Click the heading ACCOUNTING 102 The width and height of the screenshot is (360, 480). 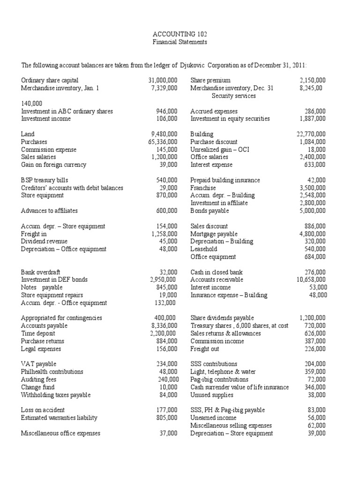(x=180, y=34)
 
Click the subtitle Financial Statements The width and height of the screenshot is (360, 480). (x=180, y=42)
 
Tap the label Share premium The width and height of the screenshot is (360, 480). (x=210, y=81)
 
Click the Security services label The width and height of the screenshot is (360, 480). (x=234, y=96)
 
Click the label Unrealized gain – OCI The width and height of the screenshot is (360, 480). (x=217, y=150)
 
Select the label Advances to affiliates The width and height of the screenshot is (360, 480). (x=49, y=210)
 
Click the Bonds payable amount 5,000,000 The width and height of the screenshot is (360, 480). (x=312, y=210)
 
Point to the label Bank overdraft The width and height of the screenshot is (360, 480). (x=40, y=272)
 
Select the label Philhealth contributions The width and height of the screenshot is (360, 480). (x=52, y=371)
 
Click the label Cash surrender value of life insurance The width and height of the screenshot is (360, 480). (x=240, y=387)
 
